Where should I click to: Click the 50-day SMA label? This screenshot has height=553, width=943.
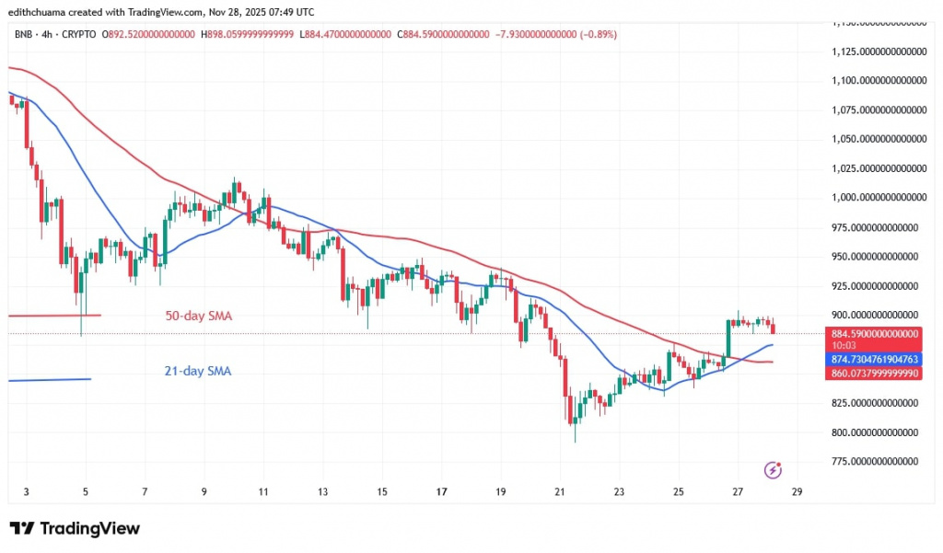(197, 317)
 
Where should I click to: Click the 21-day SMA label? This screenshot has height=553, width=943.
(197, 372)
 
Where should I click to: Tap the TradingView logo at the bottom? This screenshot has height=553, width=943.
(75, 529)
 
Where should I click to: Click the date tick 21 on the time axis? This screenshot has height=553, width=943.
(560, 492)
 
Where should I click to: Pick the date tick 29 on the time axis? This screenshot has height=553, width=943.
(797, 492)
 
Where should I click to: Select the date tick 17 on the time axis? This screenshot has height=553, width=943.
(441, 492)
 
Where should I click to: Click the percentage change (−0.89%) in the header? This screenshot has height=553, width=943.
(598, 35)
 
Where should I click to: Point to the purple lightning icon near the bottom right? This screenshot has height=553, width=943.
(774, 470)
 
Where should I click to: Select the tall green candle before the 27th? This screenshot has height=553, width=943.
(728, 339)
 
